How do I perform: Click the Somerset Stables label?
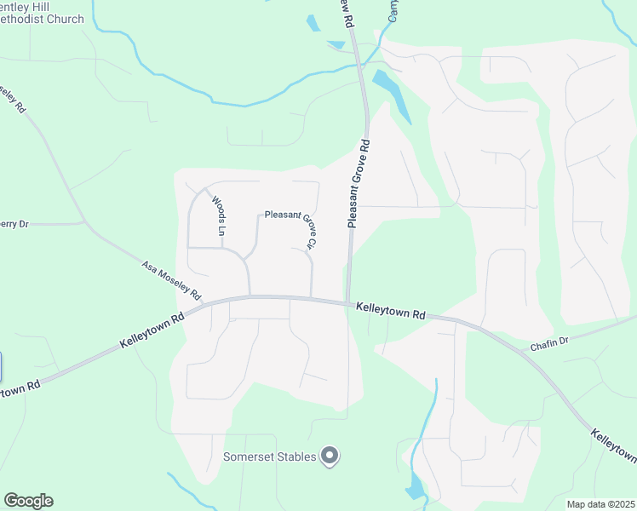pos(270,456)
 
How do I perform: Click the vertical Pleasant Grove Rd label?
pos(358,184)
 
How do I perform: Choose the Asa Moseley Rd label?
pos(171,282)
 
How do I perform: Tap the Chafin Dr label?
pos(548,339)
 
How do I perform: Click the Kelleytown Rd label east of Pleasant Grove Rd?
pos(391,310)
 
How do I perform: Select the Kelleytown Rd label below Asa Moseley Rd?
pos(152,330)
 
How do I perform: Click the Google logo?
pos(28,501)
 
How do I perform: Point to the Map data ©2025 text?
pos(600,504)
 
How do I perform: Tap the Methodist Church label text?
pos(43,19)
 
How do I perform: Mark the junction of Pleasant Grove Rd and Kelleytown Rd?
pos(348,301)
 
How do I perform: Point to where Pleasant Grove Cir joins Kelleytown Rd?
pos(312,297)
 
